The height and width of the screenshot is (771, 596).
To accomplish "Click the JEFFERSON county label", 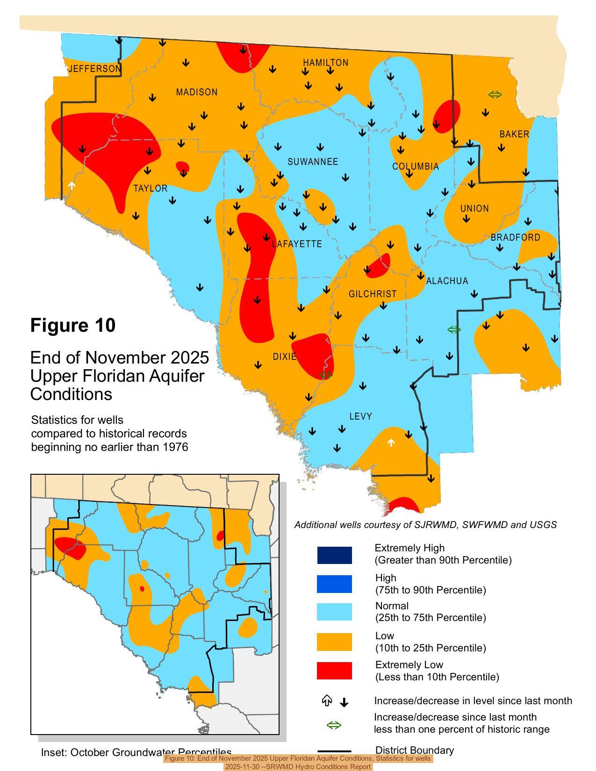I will pyautogui.click(x=94, y=69).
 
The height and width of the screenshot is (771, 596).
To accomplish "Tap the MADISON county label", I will pyautogui.click(x=197, y=93).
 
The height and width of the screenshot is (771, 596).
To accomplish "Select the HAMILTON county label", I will pyautogui.click(x=325, y=63).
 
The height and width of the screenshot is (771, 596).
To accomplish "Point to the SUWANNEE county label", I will pyautogui.click(x=313, y=162).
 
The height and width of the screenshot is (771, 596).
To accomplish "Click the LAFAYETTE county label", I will pyautogui.click(x=297, y=244).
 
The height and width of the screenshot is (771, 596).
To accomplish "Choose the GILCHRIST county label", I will pyautogui.click(x=373, y=294).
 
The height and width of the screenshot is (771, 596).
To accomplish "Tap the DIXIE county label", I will pyautogui.click(x=284, y=357).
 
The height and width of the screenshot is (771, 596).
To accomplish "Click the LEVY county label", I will pyautogui.click(x=361, y=416).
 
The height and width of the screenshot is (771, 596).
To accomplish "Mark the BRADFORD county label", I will pyautogui.click(x=516, y=237).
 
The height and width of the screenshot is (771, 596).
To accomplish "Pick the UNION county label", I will pyautogui.click(x=474, y=208).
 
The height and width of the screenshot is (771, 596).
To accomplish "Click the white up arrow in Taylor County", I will pyautogui.click(x=72, y=186).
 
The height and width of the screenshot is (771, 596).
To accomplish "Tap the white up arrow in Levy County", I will pyautogui.click(x=391, y=442).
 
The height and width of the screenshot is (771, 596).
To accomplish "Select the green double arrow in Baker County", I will pyautogui.click(x=495, y=94).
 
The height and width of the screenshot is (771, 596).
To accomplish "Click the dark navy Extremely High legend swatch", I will pyautogui.click(x=334, y=555).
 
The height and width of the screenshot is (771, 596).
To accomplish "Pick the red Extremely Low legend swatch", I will pyautogui.click(x=334, y=671).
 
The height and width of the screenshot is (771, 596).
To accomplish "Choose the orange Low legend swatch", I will pyautogui.click(x=334, y=642).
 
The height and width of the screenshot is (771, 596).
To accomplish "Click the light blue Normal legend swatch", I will pyautogui.click(x=334, y=612).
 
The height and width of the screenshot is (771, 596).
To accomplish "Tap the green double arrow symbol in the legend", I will pyautogui.click(x=334, y=725).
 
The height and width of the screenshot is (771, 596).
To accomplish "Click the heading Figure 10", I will pyautogui.click(x=73, y=326).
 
